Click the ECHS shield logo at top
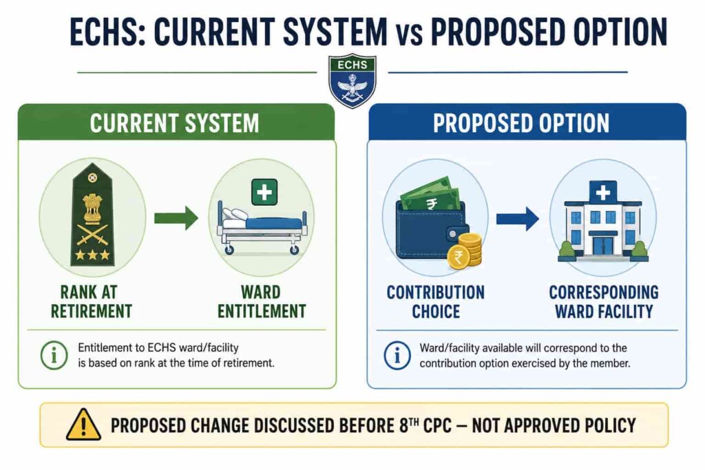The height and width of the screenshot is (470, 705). (x=352, y=81)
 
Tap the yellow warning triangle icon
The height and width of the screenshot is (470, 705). (x=83, y=425)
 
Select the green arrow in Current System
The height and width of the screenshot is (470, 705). (x=176, y=218)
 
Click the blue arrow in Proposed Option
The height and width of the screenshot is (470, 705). (x=518, y=219)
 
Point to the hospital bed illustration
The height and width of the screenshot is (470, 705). (x=262, y=229)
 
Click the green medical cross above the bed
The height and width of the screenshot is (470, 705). (x=264, y=192)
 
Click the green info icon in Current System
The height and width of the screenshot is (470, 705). (x=54, y=355)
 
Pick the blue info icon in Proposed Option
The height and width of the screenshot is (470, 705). (x=397, y=355)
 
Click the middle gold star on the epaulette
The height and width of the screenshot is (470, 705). (x=93, y=255)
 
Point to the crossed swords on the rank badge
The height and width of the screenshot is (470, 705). (x=93, y=234)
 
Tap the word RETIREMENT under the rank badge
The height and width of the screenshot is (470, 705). (x=92, y=311)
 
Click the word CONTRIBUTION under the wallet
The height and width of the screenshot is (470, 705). (x=436, y=292)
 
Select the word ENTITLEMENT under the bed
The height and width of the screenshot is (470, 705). (x=262, y=311)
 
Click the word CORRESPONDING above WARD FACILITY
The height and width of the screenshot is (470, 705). (x=604, y=292)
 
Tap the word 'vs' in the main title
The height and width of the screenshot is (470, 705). (x=409, y=34)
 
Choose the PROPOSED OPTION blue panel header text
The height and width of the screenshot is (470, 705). (x=521, y=123)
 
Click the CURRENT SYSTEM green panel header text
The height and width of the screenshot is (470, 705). (x=174, y=123)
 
